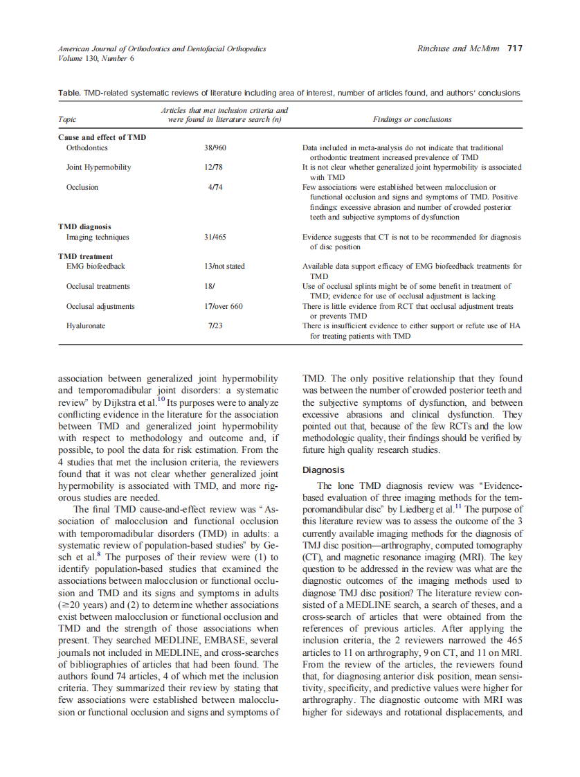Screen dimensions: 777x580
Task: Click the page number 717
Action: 514,48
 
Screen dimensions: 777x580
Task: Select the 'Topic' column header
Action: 67,119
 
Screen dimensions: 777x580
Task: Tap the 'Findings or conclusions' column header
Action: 412,119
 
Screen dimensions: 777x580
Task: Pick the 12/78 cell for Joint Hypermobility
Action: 212,168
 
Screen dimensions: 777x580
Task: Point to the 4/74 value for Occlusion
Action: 212,187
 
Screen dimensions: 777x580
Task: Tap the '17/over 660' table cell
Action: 223,306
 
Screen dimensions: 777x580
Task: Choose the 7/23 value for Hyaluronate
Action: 215,325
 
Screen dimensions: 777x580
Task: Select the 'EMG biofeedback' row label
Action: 96,266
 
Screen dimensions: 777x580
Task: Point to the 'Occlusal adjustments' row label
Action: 100,306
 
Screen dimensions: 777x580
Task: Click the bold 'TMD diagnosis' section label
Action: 84,226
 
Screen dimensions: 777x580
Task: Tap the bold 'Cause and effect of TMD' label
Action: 102,137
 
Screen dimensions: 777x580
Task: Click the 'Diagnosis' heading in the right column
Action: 323,470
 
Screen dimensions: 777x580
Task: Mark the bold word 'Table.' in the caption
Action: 68,93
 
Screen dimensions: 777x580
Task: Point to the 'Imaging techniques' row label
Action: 98,237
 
